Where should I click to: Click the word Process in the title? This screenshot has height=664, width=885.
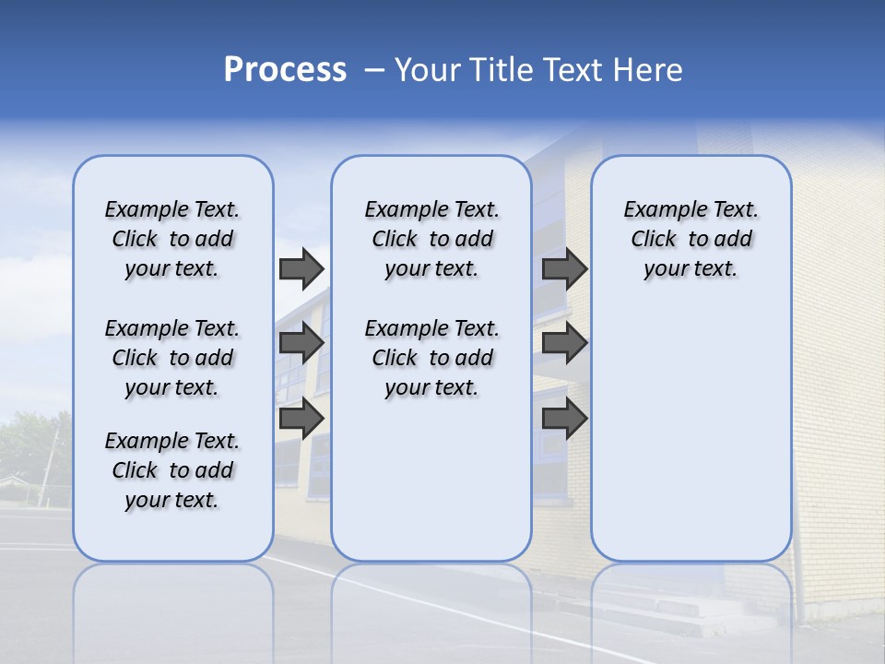(285, 70)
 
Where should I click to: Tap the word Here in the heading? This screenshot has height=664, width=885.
(647, 70)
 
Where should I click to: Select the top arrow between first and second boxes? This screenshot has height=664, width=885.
(301, 268)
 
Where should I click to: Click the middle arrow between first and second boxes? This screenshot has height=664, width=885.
(301, 343)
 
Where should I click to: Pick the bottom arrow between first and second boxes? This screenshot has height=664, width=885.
(301, 419)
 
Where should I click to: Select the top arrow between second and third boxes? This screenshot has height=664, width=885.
(564, 268)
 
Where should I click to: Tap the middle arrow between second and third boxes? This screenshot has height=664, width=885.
(564, 343)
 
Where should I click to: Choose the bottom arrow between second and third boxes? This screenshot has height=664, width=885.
(564, 419)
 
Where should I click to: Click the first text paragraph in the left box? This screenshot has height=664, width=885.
(172, 239)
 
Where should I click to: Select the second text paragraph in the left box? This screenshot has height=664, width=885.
(172, 358)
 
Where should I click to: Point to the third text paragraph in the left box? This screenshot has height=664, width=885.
(172, 470)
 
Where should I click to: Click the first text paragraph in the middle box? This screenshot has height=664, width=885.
(431, 239)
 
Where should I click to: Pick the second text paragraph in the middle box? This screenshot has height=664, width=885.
(431, 358)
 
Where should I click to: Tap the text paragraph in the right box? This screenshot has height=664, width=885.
(690, 239)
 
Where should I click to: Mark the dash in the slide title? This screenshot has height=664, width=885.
(374, 70)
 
